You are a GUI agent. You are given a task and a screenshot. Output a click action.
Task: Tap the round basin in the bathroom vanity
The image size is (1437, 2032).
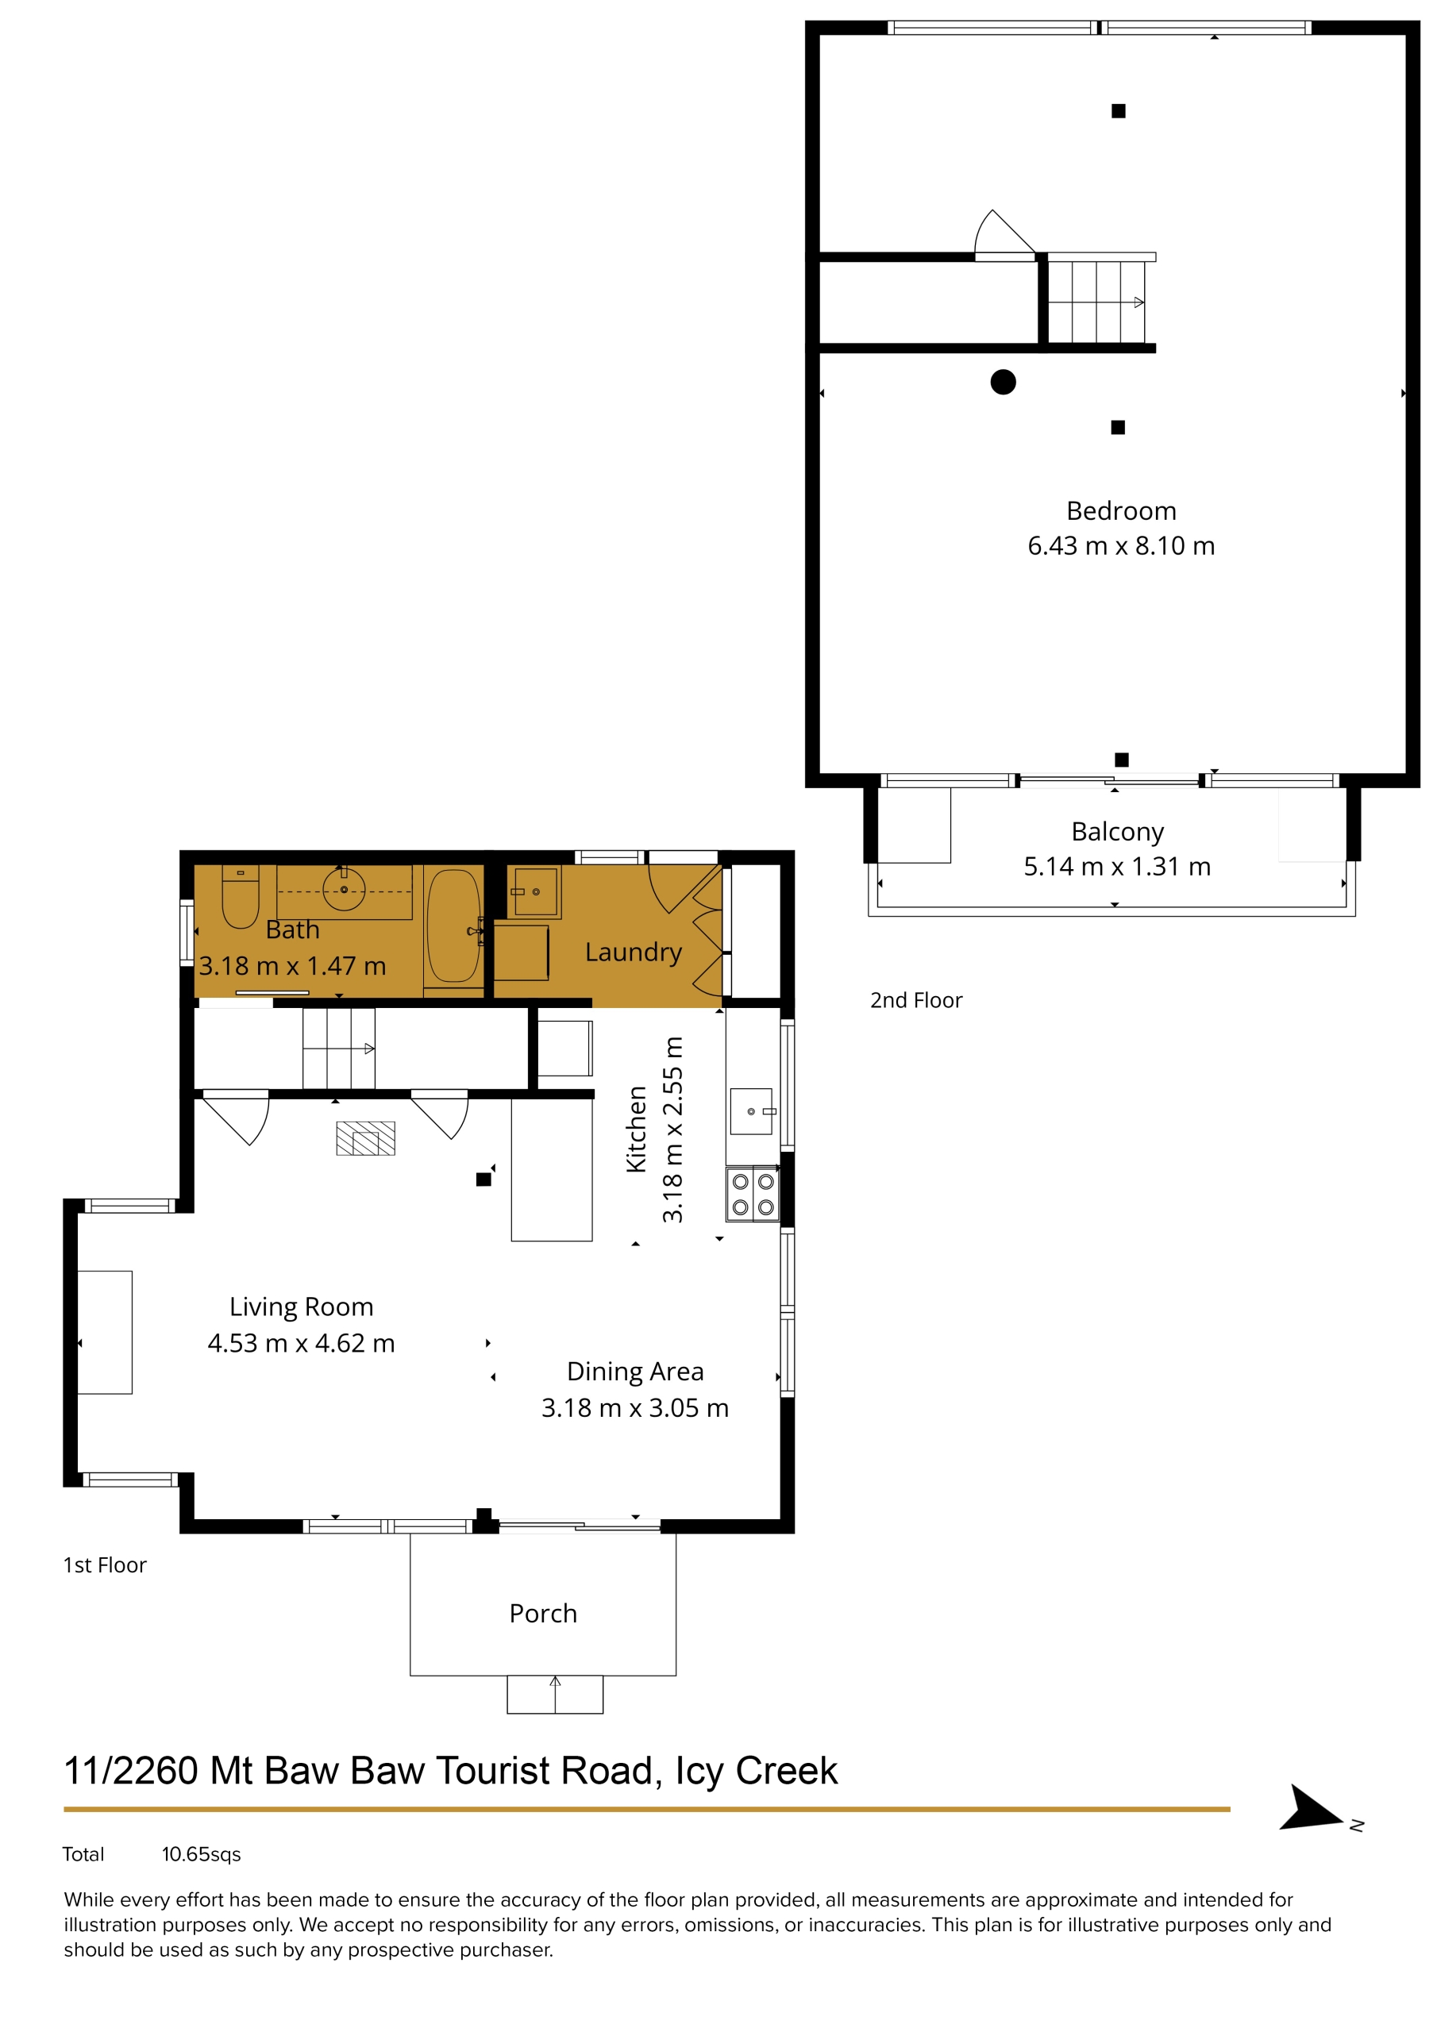(x=345, y=890)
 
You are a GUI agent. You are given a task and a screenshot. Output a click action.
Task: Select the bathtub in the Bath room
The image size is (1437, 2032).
(x=453, y=926)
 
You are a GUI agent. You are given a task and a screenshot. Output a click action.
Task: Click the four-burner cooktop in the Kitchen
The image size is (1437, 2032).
(x=753, y=1194)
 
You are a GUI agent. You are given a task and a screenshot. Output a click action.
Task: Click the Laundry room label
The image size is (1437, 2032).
(x=633, y=952)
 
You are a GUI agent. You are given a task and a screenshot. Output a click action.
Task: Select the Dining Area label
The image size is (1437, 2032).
(x=636, y=1371)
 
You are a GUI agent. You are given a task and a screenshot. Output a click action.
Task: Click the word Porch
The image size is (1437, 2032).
(x=543, y=1614)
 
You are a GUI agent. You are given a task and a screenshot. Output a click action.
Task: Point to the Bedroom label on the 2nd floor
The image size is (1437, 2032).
(x=1121, y=510)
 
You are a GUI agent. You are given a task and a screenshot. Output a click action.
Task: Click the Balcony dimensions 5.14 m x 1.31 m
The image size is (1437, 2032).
(x=1117, y=867)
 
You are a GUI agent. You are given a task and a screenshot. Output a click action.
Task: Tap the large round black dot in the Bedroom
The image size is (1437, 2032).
(x=1004, y=383)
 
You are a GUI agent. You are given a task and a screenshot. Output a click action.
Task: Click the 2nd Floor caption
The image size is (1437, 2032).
(x=915, y=1000)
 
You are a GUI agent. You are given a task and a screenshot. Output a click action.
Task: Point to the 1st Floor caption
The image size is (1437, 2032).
(x=105, y=1564)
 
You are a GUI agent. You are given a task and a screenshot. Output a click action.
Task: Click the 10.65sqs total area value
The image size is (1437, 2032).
(x=201, y=1854)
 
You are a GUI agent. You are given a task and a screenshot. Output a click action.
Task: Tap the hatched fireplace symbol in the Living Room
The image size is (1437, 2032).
(x=366, y=1138)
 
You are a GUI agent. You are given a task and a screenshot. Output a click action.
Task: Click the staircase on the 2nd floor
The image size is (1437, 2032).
(x=1097, y=302)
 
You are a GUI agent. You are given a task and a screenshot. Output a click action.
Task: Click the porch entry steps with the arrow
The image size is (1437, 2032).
(x=555, y=1694)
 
